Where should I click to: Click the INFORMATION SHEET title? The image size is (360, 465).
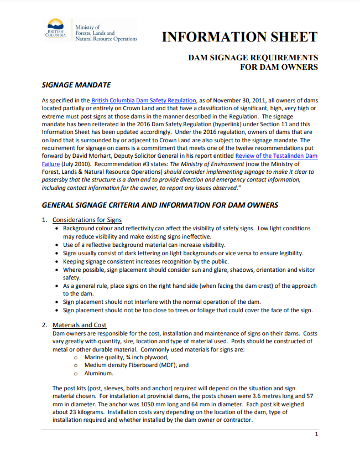(239, 37)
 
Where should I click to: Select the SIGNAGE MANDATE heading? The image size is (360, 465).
(76, 85)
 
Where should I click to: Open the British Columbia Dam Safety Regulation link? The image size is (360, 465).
(143, 100)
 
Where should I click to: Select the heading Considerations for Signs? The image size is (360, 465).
(86, 220)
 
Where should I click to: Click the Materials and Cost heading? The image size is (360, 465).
(79, 325)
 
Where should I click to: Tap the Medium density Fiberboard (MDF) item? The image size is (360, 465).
(137, 365)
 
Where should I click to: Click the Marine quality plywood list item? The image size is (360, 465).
(126, 357)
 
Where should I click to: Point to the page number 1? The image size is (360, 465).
(316, 434)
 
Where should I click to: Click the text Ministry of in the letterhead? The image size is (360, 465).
(87, 27)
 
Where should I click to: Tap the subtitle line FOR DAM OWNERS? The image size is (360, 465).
(279, 68)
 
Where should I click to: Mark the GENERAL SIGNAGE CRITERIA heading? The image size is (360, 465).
(160, 205)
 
